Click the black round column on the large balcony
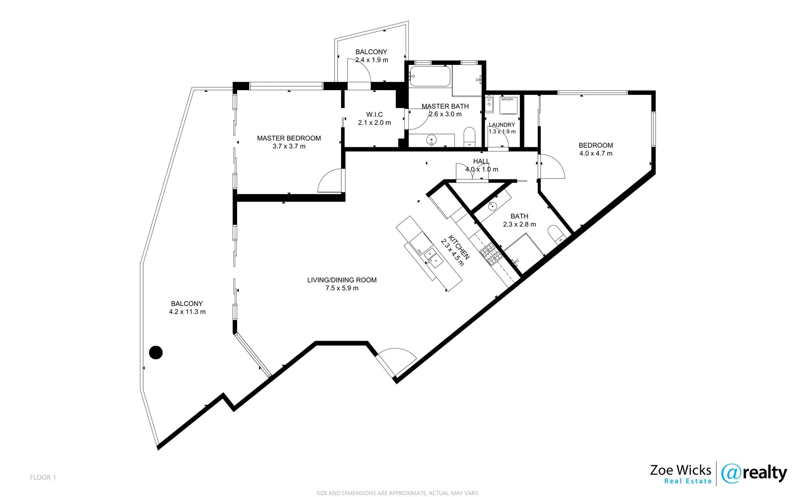click(x=156, y=353)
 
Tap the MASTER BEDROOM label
click(x=289, y=138)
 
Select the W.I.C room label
click(x=374, y=115)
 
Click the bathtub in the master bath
click(x=430, y=76)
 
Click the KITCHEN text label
click(x=459, y=247)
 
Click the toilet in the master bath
click(x=469, y=137)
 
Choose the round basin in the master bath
click(x=431, y=139)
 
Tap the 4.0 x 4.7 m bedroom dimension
click(x=596, y=154)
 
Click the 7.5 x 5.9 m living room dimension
click(x=342, y=288)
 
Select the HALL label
click(x=481, y=161)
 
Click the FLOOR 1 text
click(x=43, y=477)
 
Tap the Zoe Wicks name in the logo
click(x=680, y=470)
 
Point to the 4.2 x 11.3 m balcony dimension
click(x=187, y=312)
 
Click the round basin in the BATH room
click(x=492, y=206)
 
